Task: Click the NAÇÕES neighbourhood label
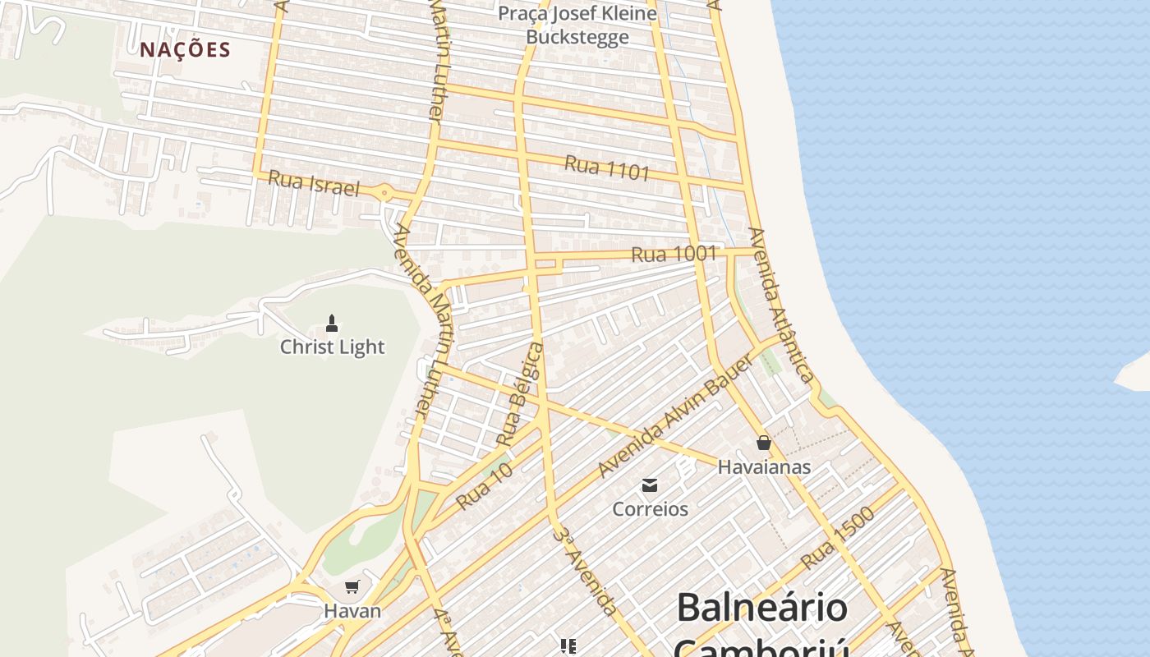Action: click(x=185, y=50)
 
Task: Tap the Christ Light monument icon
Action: click(x=332, y=323)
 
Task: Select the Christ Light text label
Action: click(x=332, y=347)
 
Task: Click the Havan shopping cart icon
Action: click(x=352, y=586)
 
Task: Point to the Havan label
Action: click(x=352, y=611)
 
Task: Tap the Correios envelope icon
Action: click(x=650, y=485)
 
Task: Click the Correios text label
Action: click(x=650, y=509)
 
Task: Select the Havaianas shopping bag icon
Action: click(x=764, y=443)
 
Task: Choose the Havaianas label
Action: click(x=764, y=467)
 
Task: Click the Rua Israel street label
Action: click(x=314, y=185)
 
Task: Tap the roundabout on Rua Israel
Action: click(x=384, y=193)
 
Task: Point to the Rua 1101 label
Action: click(x=607, y=168)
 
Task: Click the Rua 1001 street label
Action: click(x=674, y=254)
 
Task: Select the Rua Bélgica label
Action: click(x=521, y=396)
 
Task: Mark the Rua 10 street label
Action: click(x=485, y=485)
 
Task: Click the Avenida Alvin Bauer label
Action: click(x=675, y=417)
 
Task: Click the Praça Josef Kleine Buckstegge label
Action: click(x=577, y=25)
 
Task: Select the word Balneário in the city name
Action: click(x=761, y=608)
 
